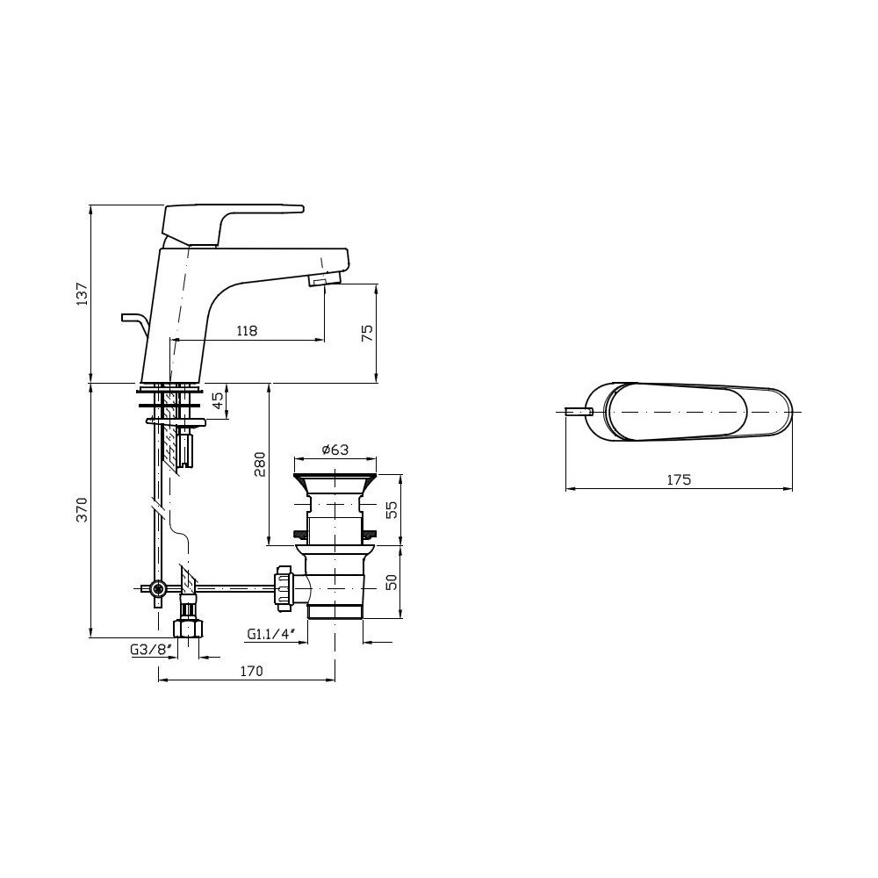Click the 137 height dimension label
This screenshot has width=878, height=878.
83,294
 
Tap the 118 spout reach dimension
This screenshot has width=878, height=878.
247,330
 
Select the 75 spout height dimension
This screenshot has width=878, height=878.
367,333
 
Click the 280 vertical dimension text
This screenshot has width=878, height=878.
259,464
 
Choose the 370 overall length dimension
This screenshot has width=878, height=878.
83,509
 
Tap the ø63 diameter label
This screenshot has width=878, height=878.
335,450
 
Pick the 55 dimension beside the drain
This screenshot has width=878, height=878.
392,509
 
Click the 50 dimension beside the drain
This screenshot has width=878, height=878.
392,581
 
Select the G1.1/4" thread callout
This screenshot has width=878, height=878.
271,634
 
